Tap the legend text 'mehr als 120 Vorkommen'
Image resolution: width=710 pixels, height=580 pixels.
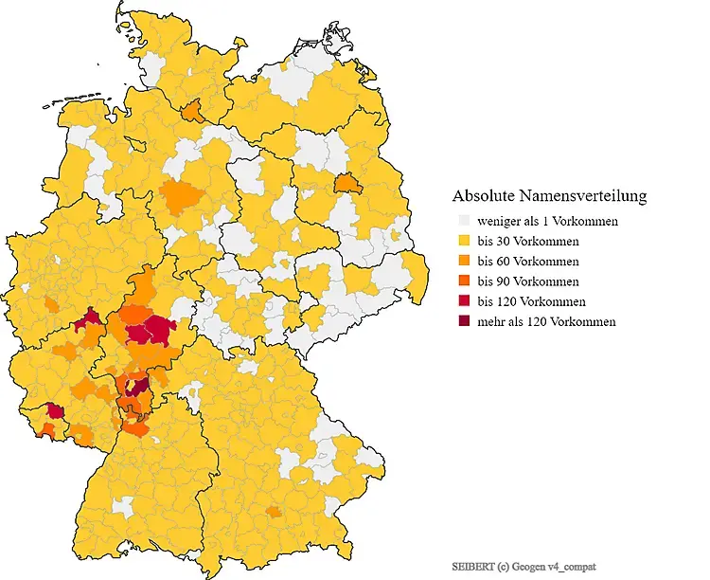coord(546,322)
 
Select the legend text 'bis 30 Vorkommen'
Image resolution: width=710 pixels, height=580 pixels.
coord(528,241)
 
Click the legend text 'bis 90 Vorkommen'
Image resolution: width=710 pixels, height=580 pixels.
coord(528,281)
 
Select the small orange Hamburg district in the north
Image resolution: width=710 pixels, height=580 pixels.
coord(192,111)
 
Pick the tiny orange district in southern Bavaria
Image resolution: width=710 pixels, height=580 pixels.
coord(274,512)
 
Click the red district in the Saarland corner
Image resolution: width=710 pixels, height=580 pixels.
coord(55,410)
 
